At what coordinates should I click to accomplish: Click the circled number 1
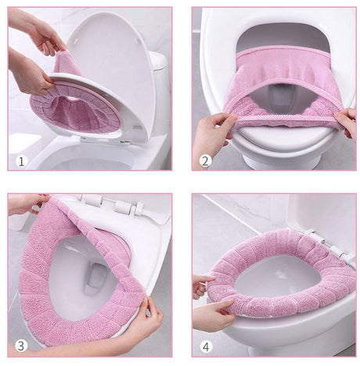click(21, 162)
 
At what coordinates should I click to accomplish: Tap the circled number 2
click(206, 161)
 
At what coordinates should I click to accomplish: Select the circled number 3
click(21, 346)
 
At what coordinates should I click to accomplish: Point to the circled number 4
click(206, 346)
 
